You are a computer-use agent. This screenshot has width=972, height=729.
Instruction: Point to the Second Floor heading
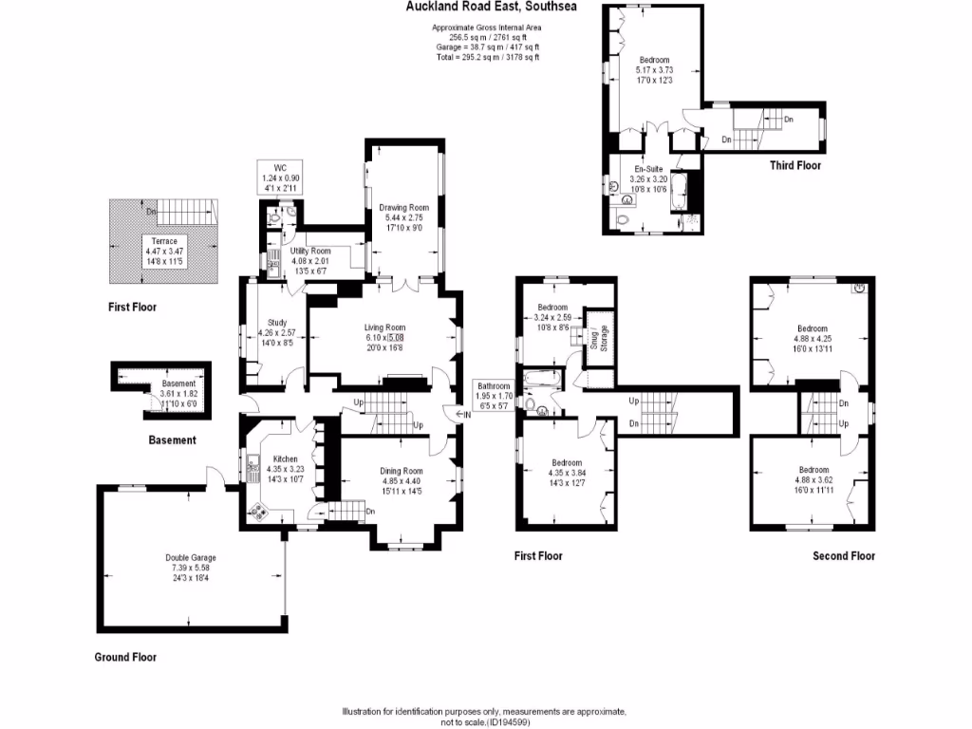pyautogui.click(x=843, y=556)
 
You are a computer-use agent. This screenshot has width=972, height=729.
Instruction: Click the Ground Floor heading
pyautogui.click(x=125, y=657)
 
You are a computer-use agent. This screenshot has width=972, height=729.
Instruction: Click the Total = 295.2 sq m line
pyautogui.click(x=486, y=57)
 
